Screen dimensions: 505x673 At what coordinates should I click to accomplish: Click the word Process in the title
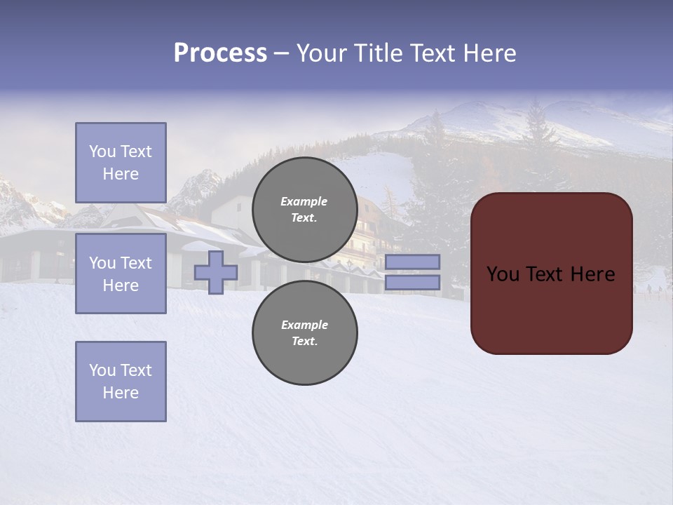click(220, 53)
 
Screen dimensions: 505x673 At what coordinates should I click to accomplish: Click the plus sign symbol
click(216, 273)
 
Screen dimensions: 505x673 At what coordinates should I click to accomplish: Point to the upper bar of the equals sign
click(412, 262)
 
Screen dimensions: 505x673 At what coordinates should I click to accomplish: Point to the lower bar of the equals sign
click(412, 283)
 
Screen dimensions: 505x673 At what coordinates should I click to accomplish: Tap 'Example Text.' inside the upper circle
click(304, 210)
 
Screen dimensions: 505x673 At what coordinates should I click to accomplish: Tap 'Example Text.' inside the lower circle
click(304, 333)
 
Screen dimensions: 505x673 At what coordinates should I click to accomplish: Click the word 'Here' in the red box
click(592, 274)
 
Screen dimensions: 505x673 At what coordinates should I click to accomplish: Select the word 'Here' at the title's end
click(491, 53)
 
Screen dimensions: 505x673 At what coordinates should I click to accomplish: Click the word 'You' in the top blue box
click(102, 151)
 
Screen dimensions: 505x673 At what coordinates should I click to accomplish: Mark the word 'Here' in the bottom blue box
click(121, 393)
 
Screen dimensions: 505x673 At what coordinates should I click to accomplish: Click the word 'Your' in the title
click(322, 53)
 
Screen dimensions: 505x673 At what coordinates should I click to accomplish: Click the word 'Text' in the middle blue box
click(135, 263)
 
